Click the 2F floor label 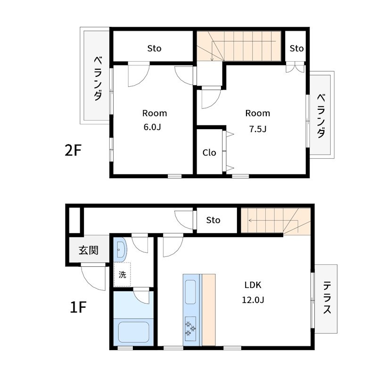point(73,150)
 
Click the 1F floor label point(78,307)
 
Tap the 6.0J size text point(152,127)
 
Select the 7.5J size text point(257,129)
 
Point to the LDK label point(253,285)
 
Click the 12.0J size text point(253,300)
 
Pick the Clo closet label point(209,152)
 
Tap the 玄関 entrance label point(89,250)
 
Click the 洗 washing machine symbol point(122,274)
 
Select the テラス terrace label point(327,298)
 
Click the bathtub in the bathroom point(134,332)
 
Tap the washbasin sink point(120,250)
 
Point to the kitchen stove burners point(190,328)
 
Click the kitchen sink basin point(190,292)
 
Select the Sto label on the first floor point(213,220)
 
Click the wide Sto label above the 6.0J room point(154,49)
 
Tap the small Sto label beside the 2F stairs point(296,49)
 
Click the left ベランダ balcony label point(98,78)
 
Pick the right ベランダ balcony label point(321,116)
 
